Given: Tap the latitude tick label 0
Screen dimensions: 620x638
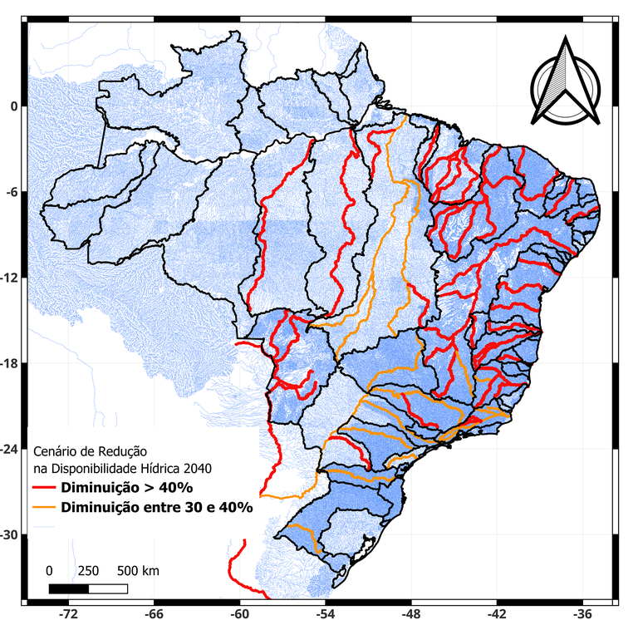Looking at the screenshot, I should tap(12, 106).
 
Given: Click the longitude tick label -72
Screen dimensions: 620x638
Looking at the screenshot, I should tap(68, 612).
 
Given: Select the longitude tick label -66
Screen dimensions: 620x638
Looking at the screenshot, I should tap(154, 612).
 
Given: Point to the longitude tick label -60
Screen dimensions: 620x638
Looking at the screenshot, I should tap(239, 612).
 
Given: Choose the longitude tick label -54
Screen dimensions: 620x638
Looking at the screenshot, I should tap(325, 612).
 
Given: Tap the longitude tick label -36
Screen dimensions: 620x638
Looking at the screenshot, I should tap(582, 612).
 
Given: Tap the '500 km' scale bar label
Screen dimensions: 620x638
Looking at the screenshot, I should tap(139, 571).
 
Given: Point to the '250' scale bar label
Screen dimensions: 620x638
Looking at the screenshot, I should tap(88, 571).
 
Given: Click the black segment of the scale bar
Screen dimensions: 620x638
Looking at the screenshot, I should tap(68, 588).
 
